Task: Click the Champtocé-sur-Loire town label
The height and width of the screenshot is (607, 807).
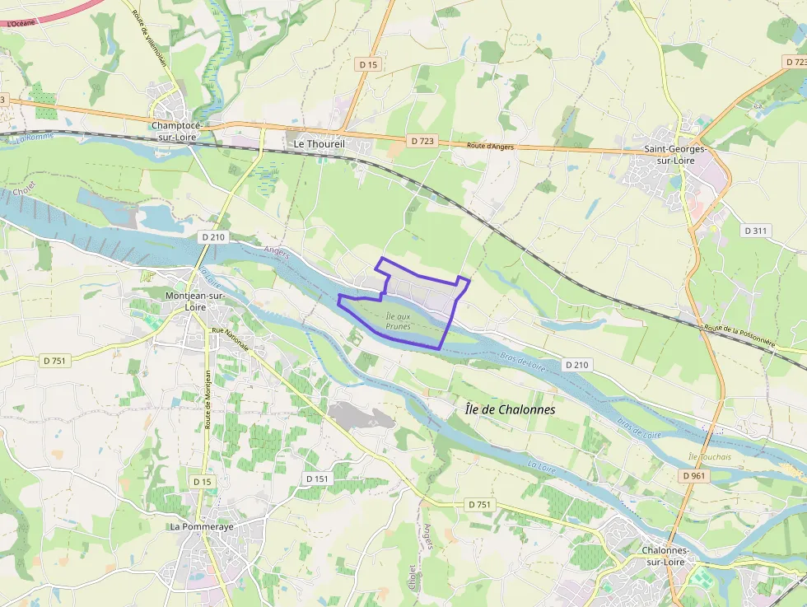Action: click(181, 131)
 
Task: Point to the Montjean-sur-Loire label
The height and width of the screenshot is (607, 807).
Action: click(196, 301)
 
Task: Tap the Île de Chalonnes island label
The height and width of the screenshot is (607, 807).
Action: click(510, 409)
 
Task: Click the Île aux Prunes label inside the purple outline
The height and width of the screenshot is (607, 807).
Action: click(398, 320)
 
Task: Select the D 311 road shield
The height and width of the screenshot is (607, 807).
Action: click(755, 231)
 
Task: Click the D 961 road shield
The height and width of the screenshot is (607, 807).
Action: click(695, 476)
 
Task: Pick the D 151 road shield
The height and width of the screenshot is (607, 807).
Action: click(317, 479)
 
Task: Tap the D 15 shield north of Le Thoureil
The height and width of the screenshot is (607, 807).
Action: click(368, 64)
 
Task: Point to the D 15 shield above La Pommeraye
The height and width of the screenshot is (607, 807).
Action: click(203, 481)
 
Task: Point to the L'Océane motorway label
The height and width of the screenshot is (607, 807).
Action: click(21, 24)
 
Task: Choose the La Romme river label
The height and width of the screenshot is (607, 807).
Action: click(34, 138)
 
